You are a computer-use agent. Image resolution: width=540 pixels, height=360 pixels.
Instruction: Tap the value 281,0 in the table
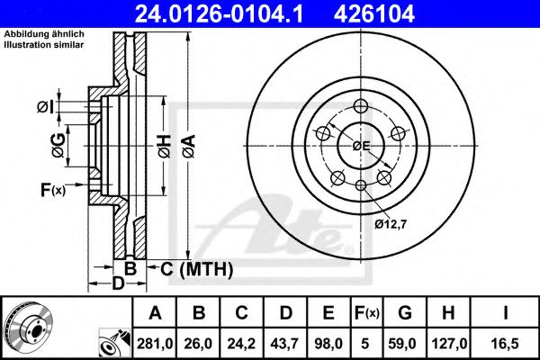155,341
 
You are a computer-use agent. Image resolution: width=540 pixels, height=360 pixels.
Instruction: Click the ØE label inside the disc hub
361,144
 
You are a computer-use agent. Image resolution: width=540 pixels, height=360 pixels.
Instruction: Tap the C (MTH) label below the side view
197,268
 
